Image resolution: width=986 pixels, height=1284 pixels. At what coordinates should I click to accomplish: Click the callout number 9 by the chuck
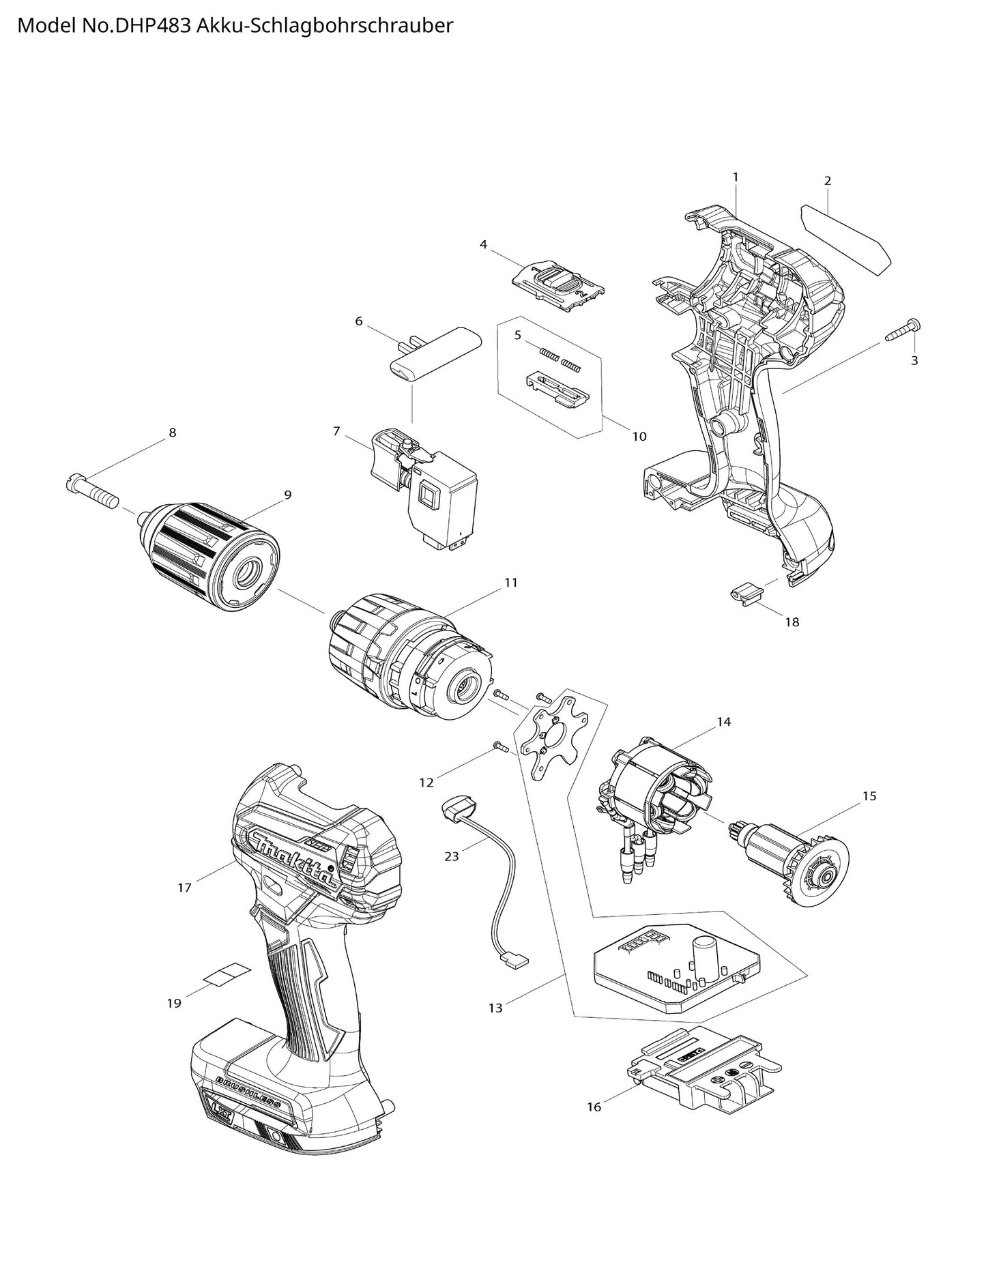coord(287,495)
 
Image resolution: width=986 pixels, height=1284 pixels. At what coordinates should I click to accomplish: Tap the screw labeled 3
coord(903,330)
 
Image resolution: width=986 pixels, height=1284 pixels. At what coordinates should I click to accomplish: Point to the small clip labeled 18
coord(744,593)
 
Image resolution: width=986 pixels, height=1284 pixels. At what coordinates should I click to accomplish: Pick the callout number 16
coord(594,1107)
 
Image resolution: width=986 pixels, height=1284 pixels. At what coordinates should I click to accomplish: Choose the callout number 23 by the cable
coord(452,856)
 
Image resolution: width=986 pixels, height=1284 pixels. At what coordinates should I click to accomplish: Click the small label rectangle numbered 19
coord(228,974)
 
